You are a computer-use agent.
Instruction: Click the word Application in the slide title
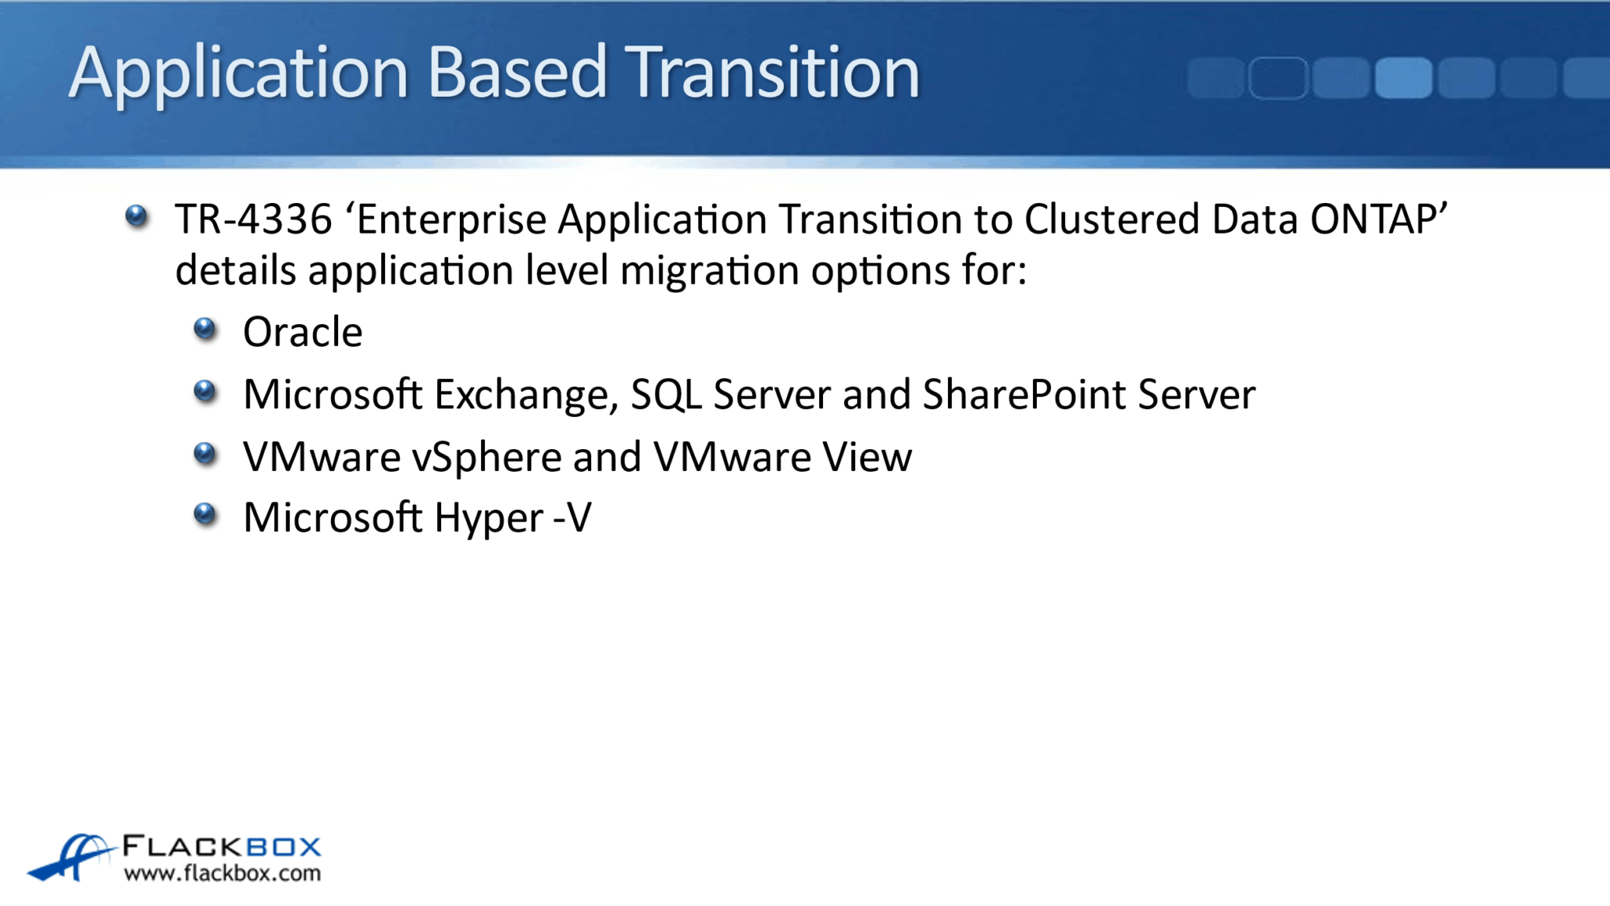point(238,73)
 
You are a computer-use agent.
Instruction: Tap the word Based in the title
point(516,72)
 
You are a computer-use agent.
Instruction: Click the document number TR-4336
point(253,219)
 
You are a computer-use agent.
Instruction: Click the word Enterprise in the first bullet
point(451,219)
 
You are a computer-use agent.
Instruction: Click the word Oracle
point(303,332)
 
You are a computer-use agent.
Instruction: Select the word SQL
point(666,395)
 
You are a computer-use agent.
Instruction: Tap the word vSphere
point(486,457)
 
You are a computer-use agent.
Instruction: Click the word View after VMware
point(867,457)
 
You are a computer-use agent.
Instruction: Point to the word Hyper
point(488,518)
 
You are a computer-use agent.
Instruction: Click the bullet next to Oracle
point(205,329)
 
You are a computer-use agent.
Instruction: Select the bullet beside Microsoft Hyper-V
point(205,514)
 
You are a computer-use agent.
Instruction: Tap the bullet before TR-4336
point(137,215)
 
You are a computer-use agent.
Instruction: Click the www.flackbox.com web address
point(222,873)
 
